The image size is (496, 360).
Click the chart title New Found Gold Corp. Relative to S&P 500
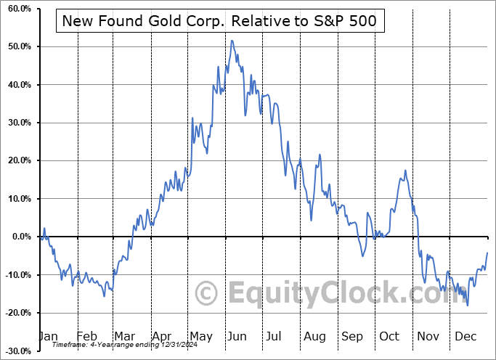[x=219, y=21]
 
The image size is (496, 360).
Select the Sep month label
[x=352, y=337]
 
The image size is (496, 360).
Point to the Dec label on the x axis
[x=466, y=337]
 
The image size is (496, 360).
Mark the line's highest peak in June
[x=232, y=41]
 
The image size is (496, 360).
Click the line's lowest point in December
[x=468, y=306]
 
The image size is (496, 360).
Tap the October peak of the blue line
[x=405, y=171]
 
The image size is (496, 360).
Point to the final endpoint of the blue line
[x=487, y=253]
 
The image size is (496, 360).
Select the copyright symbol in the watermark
[x=208, y=294]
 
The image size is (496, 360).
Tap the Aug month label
[x=314, y=337]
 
